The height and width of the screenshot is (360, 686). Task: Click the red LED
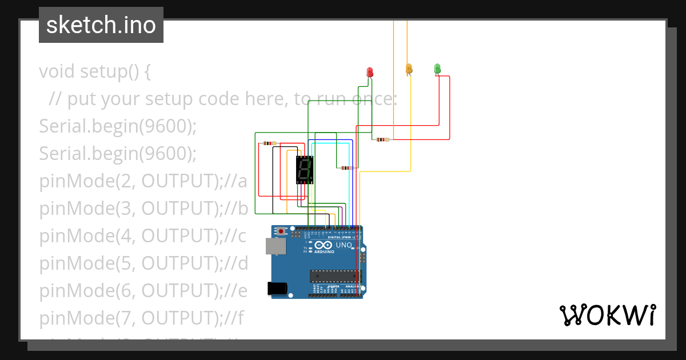tap(369, 72)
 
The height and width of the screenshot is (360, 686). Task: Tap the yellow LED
tap(409, 69)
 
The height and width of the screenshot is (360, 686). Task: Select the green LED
tap(437, 69)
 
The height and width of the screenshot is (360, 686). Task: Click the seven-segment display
tap(305, 170)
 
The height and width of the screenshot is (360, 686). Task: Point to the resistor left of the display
tap(269, 143)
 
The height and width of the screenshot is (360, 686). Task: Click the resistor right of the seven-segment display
tap(346, 168)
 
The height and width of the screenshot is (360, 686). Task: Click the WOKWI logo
tap(607, 315)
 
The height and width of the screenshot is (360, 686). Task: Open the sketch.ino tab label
tap(101, 25)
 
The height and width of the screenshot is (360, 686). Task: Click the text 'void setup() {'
tap(95, 72)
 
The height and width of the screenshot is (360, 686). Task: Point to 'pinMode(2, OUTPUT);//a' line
tap(143, 182)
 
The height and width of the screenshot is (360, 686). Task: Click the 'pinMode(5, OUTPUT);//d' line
tap(143, 264)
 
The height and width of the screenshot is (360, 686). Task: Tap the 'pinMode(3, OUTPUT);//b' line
tap(143, 209)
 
